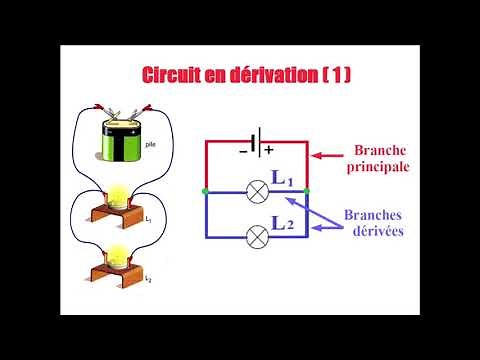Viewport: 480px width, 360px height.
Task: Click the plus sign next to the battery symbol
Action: [267, 150]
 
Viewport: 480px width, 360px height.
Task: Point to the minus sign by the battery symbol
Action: [242, 151]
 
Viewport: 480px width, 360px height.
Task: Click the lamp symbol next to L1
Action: [255, 189]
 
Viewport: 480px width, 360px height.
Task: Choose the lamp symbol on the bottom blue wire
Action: [255, 236]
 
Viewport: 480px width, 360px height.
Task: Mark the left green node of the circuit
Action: [204, 190]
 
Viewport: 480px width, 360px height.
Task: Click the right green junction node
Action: [306, 190]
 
